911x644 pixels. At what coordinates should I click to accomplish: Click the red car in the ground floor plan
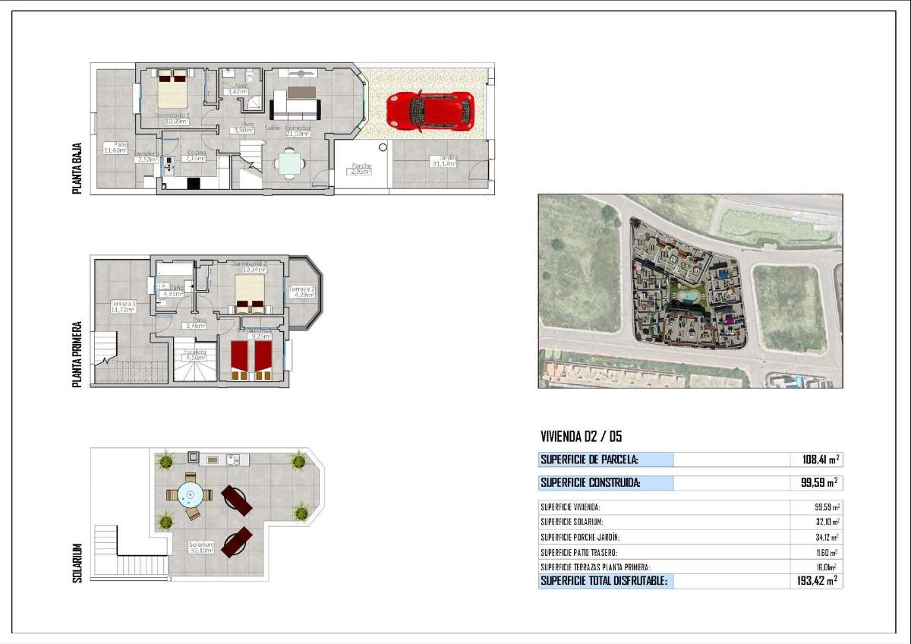[430, 112]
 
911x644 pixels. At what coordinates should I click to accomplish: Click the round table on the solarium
[190, 494]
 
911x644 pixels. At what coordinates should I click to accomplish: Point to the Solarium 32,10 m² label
[203, 548]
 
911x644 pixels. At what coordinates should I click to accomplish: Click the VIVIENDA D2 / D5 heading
[582, 437]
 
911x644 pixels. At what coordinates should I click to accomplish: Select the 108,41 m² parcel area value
[820, 459]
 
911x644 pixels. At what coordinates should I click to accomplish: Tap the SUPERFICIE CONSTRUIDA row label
[590, 482]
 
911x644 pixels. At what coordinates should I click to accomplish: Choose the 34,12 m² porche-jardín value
[825, 537]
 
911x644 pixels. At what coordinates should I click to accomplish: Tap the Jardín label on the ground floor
[443, 161]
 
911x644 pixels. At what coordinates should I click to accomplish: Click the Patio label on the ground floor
[118, 147]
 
